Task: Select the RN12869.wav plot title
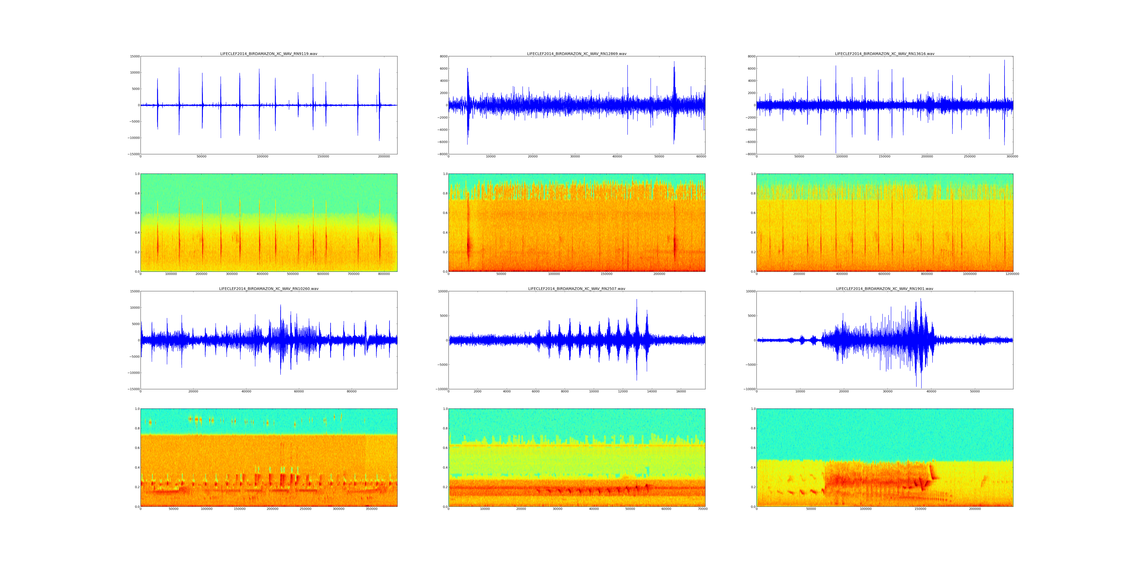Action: [x=577, y=54]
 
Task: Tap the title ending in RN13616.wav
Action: [x=885, y=54]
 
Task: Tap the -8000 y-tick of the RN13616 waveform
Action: [x=749, y=154]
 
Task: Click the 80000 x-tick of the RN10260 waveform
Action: [x=351, y=392]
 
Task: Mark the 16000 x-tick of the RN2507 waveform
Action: [x=681, y=392]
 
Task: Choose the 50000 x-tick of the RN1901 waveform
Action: [x=975, y=392]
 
